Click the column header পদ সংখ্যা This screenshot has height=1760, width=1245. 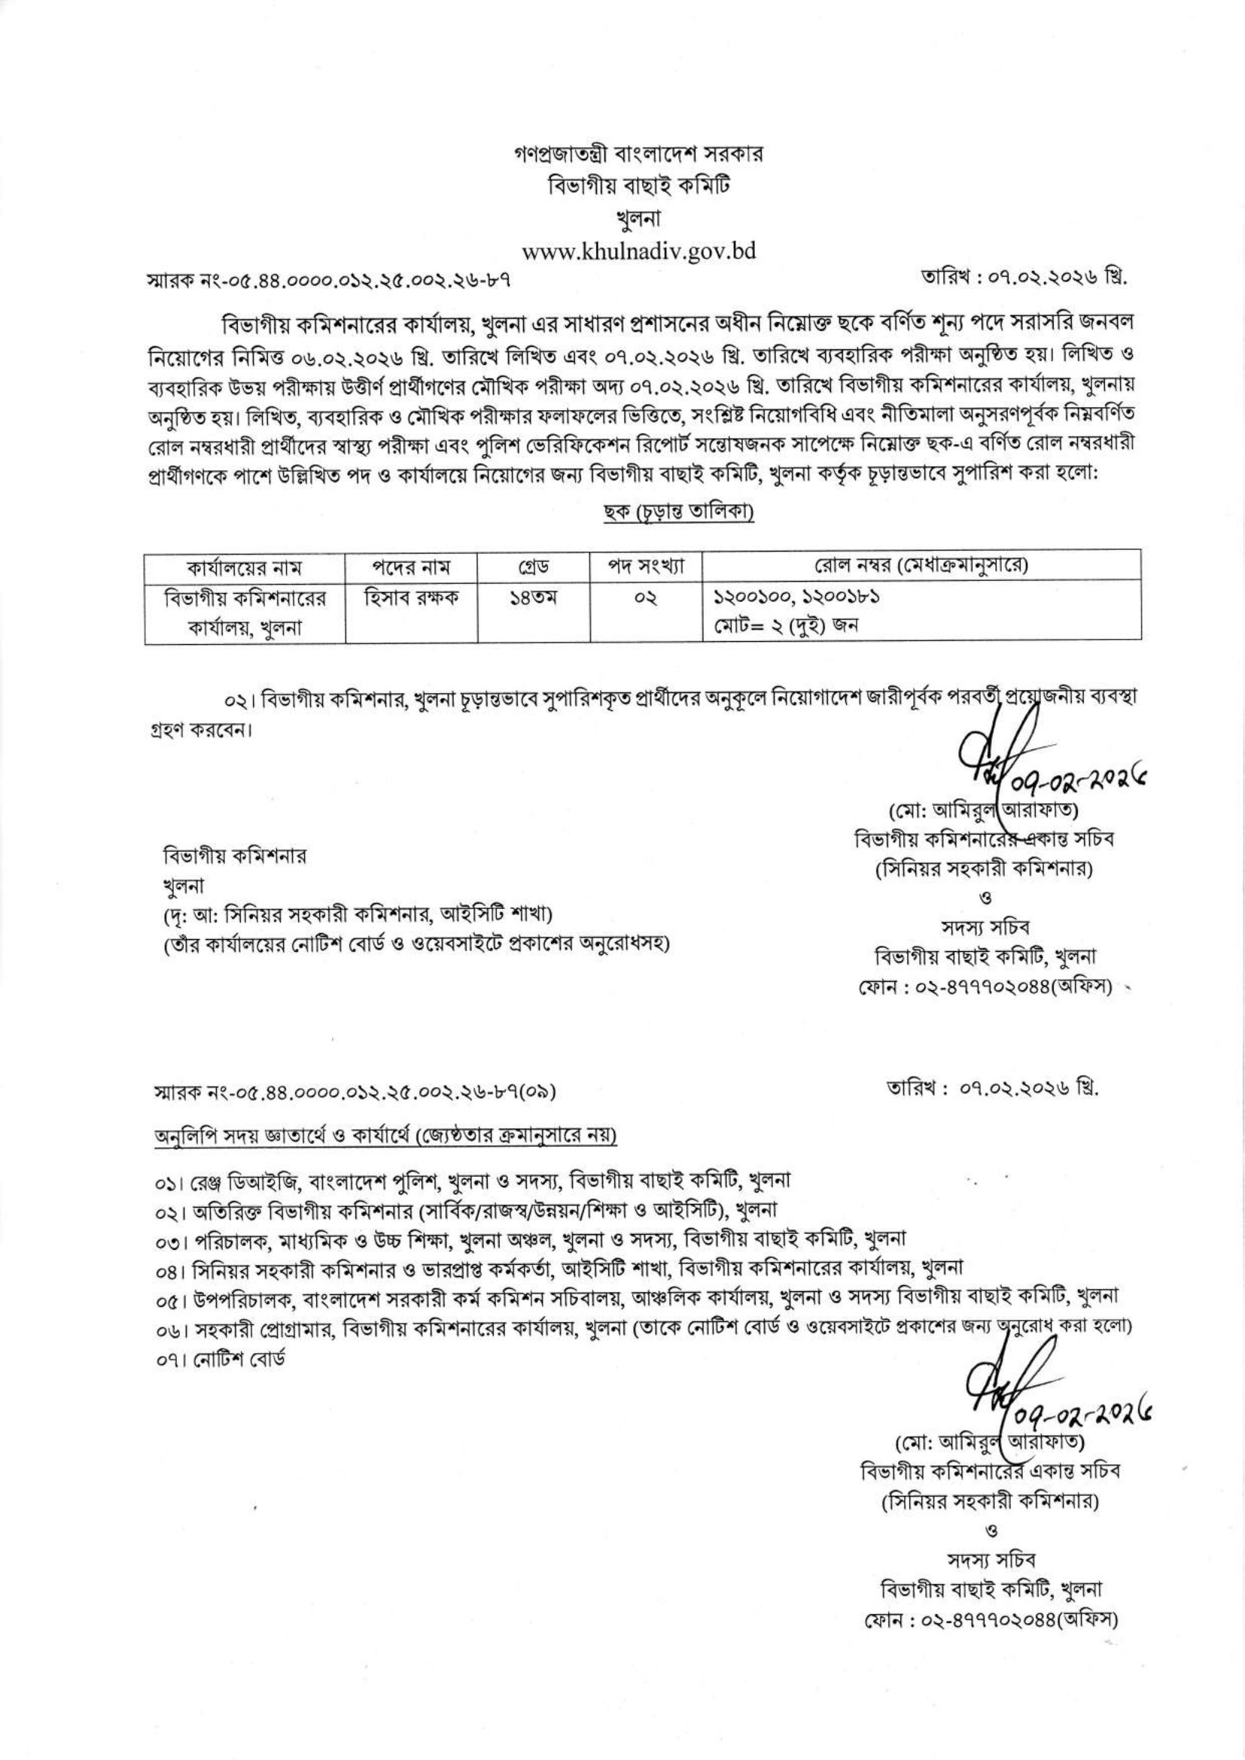[x=645, y=568]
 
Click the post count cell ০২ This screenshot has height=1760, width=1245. [x=645, y=597]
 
